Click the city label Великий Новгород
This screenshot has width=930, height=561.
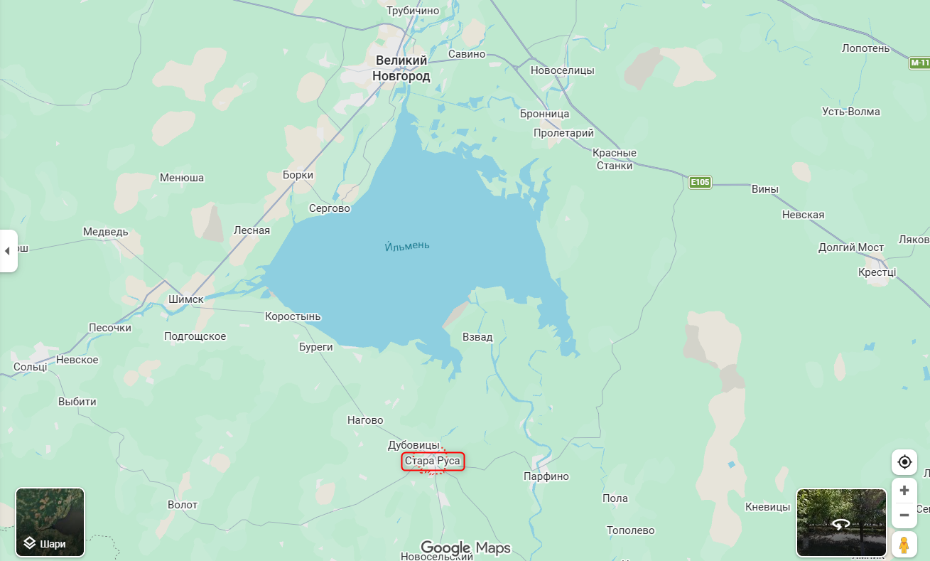coord(401,68)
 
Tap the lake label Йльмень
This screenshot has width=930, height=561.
coord(406,246)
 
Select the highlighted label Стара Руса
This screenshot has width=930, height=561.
coord(433,461)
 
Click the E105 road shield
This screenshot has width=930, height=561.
coord(700,183)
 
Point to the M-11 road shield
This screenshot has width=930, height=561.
coord(919,63)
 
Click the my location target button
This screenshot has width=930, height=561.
coord(904,462)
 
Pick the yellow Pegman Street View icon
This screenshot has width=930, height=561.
coord(904,545)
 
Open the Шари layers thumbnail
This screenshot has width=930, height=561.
coord(50,522)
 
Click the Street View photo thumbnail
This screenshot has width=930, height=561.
coord(841,522)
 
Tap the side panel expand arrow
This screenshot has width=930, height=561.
coord(8,251)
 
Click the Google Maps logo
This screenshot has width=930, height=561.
coord(465,547)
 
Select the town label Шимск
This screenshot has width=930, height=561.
coord(186,299)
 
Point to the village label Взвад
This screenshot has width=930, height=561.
coord(477,337)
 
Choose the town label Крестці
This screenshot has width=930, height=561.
coord(877,272)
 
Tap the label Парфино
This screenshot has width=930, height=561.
coord(546,476)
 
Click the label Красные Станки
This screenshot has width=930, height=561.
coord(615,159)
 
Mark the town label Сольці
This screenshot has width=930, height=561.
coord(31,367)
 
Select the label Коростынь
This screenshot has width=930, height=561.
coord(293,316)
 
